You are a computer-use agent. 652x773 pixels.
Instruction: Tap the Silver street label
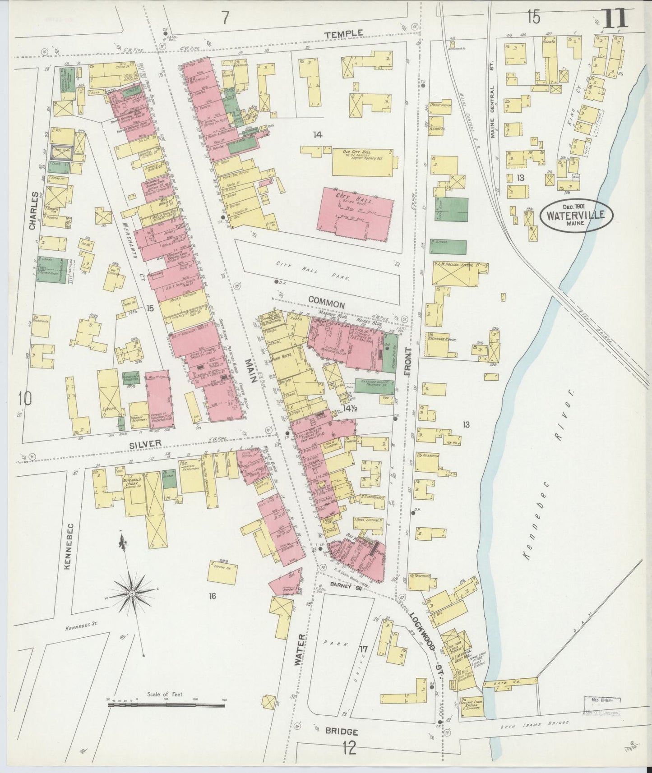(x=145, y=444)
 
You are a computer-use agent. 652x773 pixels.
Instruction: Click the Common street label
(x=327, y=305)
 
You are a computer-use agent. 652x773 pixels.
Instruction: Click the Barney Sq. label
(x=344, y=585)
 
